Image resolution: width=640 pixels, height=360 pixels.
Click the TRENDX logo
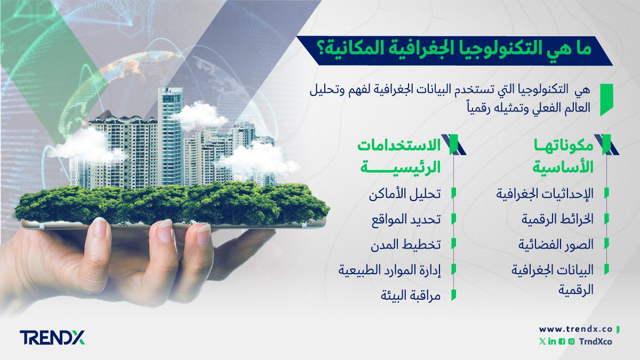click(52, 337)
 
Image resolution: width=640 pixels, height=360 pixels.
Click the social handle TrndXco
click(595, 341)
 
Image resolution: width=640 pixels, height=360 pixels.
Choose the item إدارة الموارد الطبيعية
click(390, 269)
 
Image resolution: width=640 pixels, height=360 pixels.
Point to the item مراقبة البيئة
click(411, 295)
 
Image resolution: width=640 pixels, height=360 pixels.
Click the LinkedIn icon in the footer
click(551, 341)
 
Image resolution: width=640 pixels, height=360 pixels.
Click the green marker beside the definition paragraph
click(605, 99)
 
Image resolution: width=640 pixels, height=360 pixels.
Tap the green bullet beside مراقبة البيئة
click(453, 295)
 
